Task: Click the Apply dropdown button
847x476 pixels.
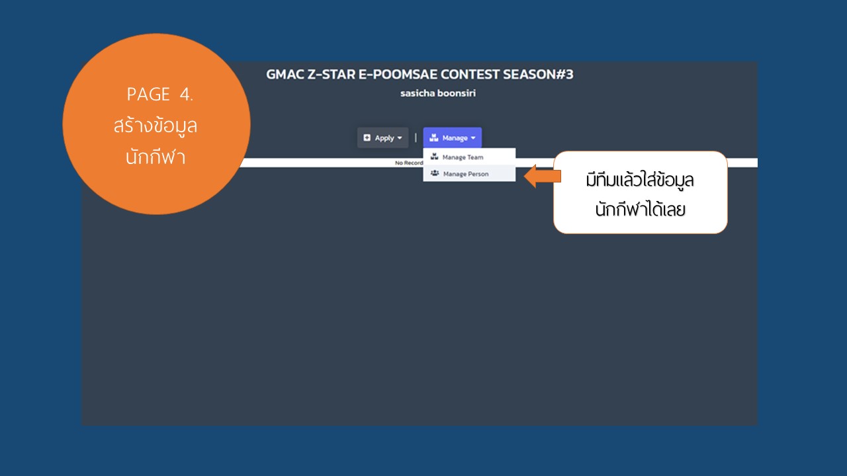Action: [382, 138]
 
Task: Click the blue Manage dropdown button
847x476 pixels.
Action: [452, 138]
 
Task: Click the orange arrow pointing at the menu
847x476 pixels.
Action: [542, 176]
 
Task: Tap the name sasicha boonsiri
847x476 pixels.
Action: [438, 93]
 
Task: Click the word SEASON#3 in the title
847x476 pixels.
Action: [538, 75]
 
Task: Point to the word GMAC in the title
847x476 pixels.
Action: [285, 75]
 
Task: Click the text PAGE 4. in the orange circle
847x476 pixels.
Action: [159, 94]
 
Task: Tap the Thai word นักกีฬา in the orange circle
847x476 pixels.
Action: [156, 157]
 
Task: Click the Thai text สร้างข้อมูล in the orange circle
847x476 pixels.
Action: [156, 126]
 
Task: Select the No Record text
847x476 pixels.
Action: [409, 163]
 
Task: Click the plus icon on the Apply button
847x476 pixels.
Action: [367, 138]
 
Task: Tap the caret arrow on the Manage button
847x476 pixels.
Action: [473, 138]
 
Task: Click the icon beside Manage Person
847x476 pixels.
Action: [435, 173]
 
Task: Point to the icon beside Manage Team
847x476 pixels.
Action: [435, 157]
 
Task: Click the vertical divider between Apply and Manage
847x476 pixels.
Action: [416, 138]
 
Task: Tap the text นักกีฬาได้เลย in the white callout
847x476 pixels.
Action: [640, 209]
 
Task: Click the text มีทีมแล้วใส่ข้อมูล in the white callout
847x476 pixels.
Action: [640, 180]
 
